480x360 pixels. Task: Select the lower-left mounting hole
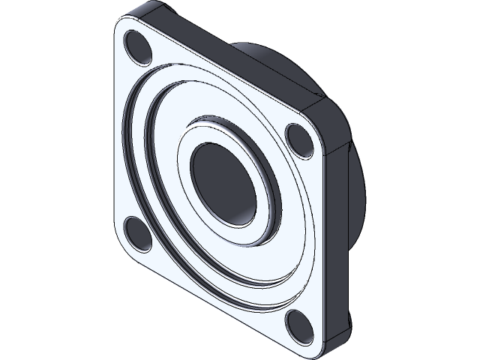pos(137,232)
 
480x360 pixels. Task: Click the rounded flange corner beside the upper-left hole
pos(122,28)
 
